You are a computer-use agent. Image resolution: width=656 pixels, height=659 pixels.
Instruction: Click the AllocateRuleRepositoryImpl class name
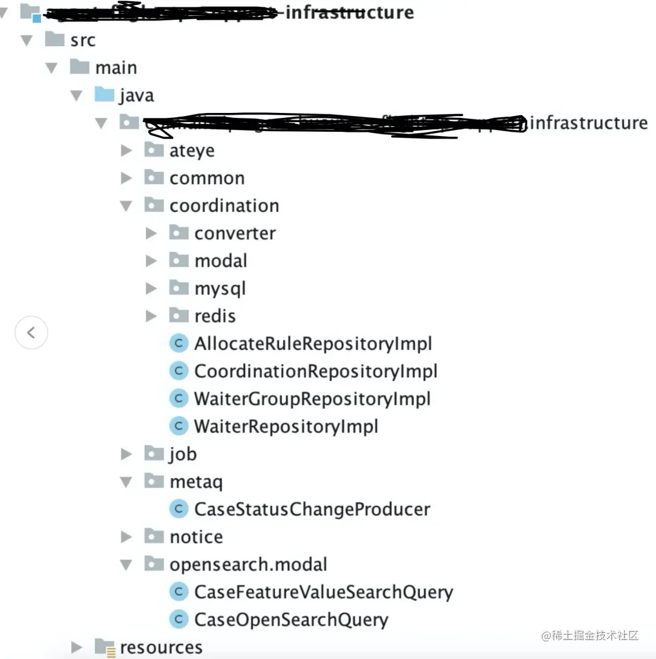coord(313,344)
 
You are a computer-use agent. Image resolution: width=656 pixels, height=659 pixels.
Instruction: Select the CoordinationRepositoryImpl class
coord(315,371)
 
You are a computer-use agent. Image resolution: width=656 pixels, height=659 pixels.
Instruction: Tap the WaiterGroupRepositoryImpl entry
coord(312,399)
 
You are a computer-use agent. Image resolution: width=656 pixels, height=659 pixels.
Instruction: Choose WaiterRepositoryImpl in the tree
coord(286,426)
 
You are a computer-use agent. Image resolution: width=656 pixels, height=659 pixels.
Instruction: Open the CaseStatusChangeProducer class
coord(312,509)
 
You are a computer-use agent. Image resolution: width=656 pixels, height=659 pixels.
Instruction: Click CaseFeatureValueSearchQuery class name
coord(323,592)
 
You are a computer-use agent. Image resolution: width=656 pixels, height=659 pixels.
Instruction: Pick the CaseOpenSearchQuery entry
coord(291,620)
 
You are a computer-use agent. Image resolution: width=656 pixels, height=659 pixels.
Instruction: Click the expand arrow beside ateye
coord(126,150)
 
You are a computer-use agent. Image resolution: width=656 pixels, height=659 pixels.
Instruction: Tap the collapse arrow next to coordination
coord(126,206)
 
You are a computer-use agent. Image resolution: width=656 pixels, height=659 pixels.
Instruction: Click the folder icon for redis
coord(179,315)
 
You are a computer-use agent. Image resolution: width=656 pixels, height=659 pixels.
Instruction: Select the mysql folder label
coord(220,289)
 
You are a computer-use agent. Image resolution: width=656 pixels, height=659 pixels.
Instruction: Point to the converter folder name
coord(234,233)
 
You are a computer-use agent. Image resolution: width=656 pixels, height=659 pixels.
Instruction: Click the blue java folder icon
coord(104,95)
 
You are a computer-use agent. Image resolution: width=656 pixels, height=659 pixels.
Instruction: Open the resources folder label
coord(161,647)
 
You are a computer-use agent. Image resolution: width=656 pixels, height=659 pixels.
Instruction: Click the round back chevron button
coord(32,332)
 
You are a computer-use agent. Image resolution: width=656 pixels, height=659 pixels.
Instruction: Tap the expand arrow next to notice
coord(126,537)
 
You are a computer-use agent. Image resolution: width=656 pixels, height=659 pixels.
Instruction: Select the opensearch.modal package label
coord(248,564)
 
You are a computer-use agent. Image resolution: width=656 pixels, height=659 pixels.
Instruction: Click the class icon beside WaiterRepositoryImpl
coord(179,426)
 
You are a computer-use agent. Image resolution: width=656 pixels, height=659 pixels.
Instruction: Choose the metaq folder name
coord(196,482)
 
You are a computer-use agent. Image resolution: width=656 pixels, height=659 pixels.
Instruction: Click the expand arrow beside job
coord(126,454)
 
